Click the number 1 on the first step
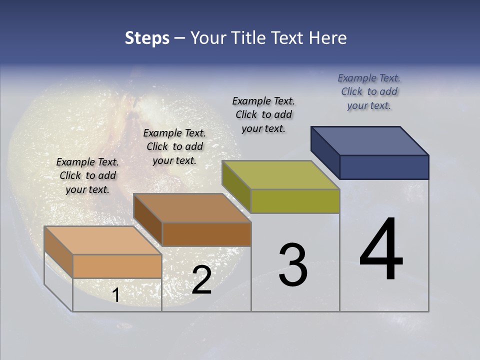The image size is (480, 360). click(x=115, y=295)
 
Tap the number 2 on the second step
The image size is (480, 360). click(x=201, y=280)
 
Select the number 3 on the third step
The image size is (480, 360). click(x=292, y=265)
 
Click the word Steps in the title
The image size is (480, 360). click(x=147, y=38)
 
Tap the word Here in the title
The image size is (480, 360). click(x=328, y=38)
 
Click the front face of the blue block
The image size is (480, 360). click(x=384, y=167)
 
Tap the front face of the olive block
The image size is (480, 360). click(x=295, y=201)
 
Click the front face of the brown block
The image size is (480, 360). click(x=206, y=234)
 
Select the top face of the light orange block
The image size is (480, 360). click(x=103, y=240)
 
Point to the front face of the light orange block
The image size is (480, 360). click(x=117, y=266)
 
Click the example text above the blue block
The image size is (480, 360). click(x=369, y=91)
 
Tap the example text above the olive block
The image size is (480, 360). click(x=263, y=114)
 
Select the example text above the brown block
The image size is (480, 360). click(x=174, y=146)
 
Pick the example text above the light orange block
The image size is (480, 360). click(x=87, y=175)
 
